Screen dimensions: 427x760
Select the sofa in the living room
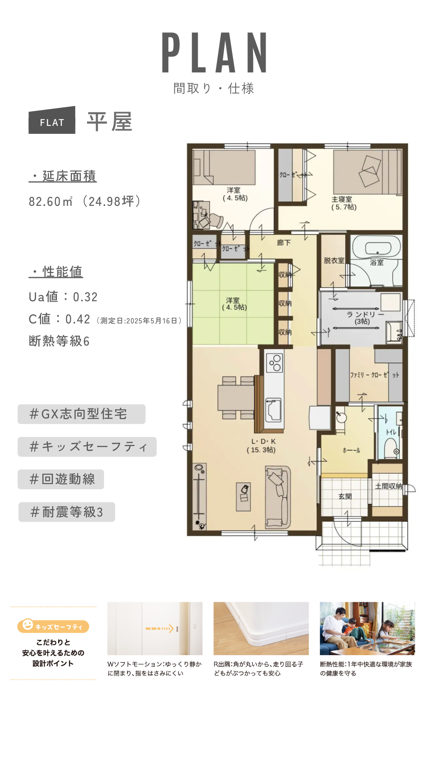277,496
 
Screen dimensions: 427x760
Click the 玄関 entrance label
345,496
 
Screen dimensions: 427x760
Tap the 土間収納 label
388,486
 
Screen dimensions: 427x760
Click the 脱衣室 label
334,260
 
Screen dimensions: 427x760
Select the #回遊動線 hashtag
61,479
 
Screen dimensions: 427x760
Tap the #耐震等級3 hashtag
67,512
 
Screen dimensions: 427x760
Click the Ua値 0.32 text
63,297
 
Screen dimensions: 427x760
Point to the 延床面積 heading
62,176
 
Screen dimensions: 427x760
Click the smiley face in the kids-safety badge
28,625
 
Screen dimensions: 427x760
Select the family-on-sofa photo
367,629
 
